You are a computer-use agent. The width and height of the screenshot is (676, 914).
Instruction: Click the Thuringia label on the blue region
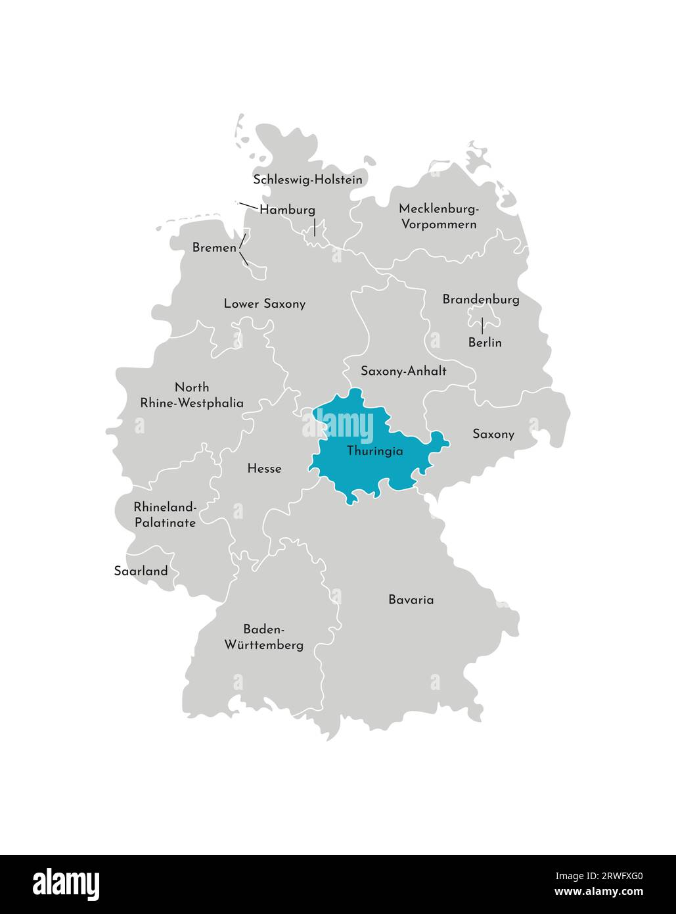pos(374,452)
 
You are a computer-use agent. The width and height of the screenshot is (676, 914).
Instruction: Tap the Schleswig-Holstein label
pos(307,180)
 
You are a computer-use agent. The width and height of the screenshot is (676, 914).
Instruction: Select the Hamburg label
pos(287,210)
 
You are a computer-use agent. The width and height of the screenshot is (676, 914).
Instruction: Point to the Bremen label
pos(214,248)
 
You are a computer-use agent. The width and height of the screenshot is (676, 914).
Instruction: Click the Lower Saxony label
pos(264,304)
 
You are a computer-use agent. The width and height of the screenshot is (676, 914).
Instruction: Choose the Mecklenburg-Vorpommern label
pos(438,216)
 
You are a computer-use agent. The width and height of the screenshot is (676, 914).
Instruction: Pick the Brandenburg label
pos(480,300)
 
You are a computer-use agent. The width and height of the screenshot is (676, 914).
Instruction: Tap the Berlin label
pos(485,343)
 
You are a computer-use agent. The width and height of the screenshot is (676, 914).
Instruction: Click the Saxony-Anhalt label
pos(403,371)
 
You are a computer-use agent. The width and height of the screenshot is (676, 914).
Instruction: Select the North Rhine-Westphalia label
pos(192,395)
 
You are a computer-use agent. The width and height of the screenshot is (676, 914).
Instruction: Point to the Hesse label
pos(264,469)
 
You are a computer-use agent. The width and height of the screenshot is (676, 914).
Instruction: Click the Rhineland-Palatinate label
pos(165,515)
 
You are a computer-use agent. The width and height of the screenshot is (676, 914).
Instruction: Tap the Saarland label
pos(141,571)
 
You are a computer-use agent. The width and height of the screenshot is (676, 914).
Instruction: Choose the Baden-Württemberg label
pos(264,637)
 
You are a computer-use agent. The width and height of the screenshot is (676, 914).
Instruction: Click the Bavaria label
pos(411,600)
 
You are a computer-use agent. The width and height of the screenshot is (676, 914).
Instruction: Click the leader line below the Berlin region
pos(482,326)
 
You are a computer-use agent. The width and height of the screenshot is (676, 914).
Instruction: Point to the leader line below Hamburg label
pos(315,228)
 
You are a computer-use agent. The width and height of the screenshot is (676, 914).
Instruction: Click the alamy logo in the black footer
pos(66,884)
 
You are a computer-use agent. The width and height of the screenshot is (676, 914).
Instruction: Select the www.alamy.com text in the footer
pos(598,892)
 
